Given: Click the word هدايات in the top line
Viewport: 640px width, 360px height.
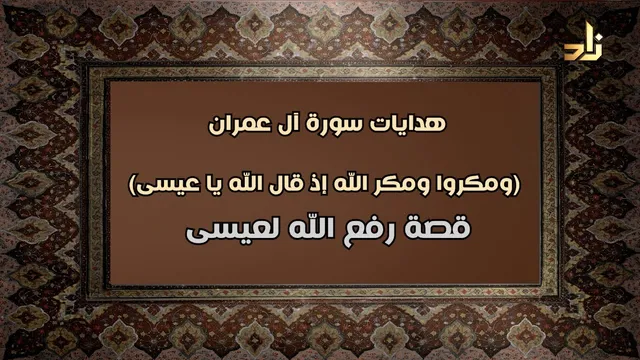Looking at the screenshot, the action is pyautogui.click(x=407, y=124).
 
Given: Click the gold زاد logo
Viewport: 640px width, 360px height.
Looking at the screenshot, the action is pyautogui.click(x=583, y=45).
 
